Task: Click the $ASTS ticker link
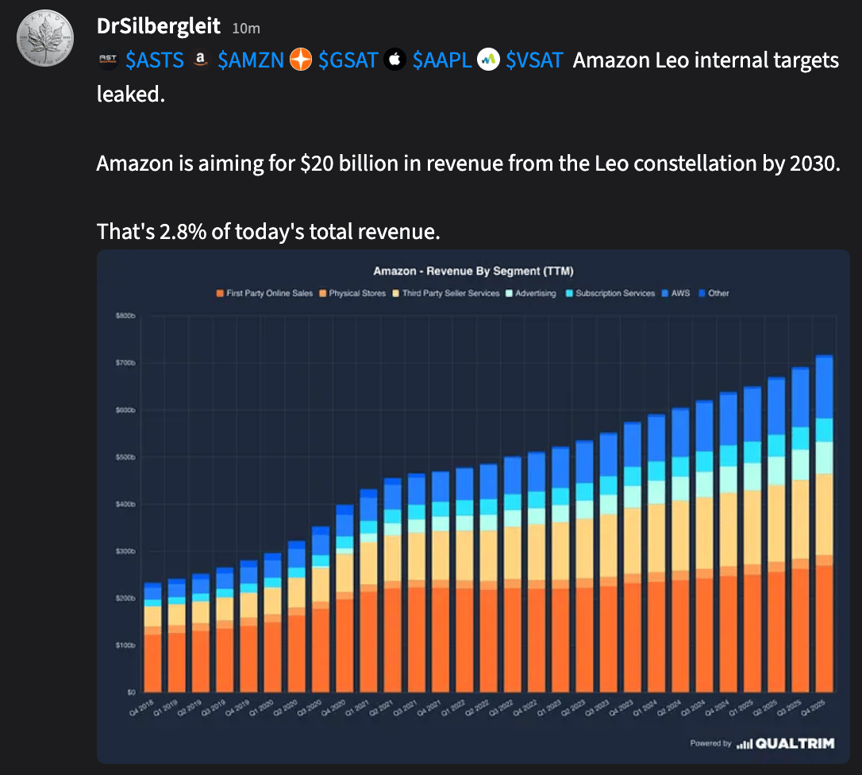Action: point(155,60)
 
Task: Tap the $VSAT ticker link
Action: point(535,60)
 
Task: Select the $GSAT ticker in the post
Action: point(348,60)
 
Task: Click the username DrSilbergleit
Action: point(158,26)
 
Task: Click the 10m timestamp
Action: point(246,29)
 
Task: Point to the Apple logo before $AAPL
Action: point(395,60)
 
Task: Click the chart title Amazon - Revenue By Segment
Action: point(474,271)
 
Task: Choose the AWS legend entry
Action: point(680,293)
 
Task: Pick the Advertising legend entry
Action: point(534,293)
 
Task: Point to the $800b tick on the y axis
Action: point(126,316)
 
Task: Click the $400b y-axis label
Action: point(126,504)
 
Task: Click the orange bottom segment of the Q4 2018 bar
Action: point(152,663)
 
